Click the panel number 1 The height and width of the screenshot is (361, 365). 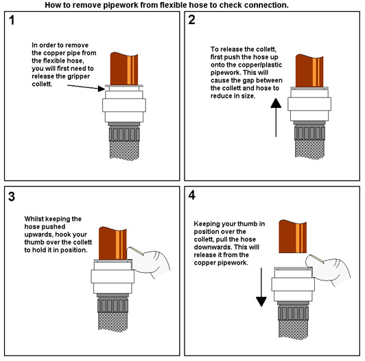click(12, 20)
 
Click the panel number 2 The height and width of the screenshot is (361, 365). click(191, 20)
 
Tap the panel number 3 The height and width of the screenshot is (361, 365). click(12, 197)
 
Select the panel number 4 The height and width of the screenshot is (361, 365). click(192, 195)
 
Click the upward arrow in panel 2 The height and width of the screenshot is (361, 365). click(276, 118)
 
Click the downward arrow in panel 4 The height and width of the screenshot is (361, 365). click(261, 287)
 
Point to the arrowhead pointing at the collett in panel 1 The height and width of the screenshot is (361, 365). click(102, 89)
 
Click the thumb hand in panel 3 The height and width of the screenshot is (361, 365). click(149, 261)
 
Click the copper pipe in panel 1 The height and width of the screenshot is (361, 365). click(124, 69)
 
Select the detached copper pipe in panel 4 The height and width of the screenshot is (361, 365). click(292, 236)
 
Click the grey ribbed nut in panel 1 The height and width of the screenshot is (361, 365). click(124, 133)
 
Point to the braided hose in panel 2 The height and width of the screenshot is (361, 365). click(309, 149)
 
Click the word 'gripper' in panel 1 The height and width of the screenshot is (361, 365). click(78, 76)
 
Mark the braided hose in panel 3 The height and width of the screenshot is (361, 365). click(113, 322)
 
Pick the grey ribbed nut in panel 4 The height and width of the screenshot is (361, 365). click(294, 313)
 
